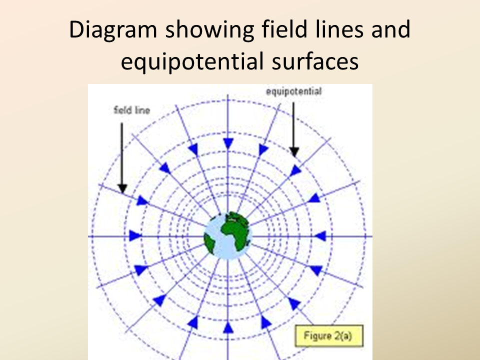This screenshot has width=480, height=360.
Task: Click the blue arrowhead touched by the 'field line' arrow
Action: tap(142, 200)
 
